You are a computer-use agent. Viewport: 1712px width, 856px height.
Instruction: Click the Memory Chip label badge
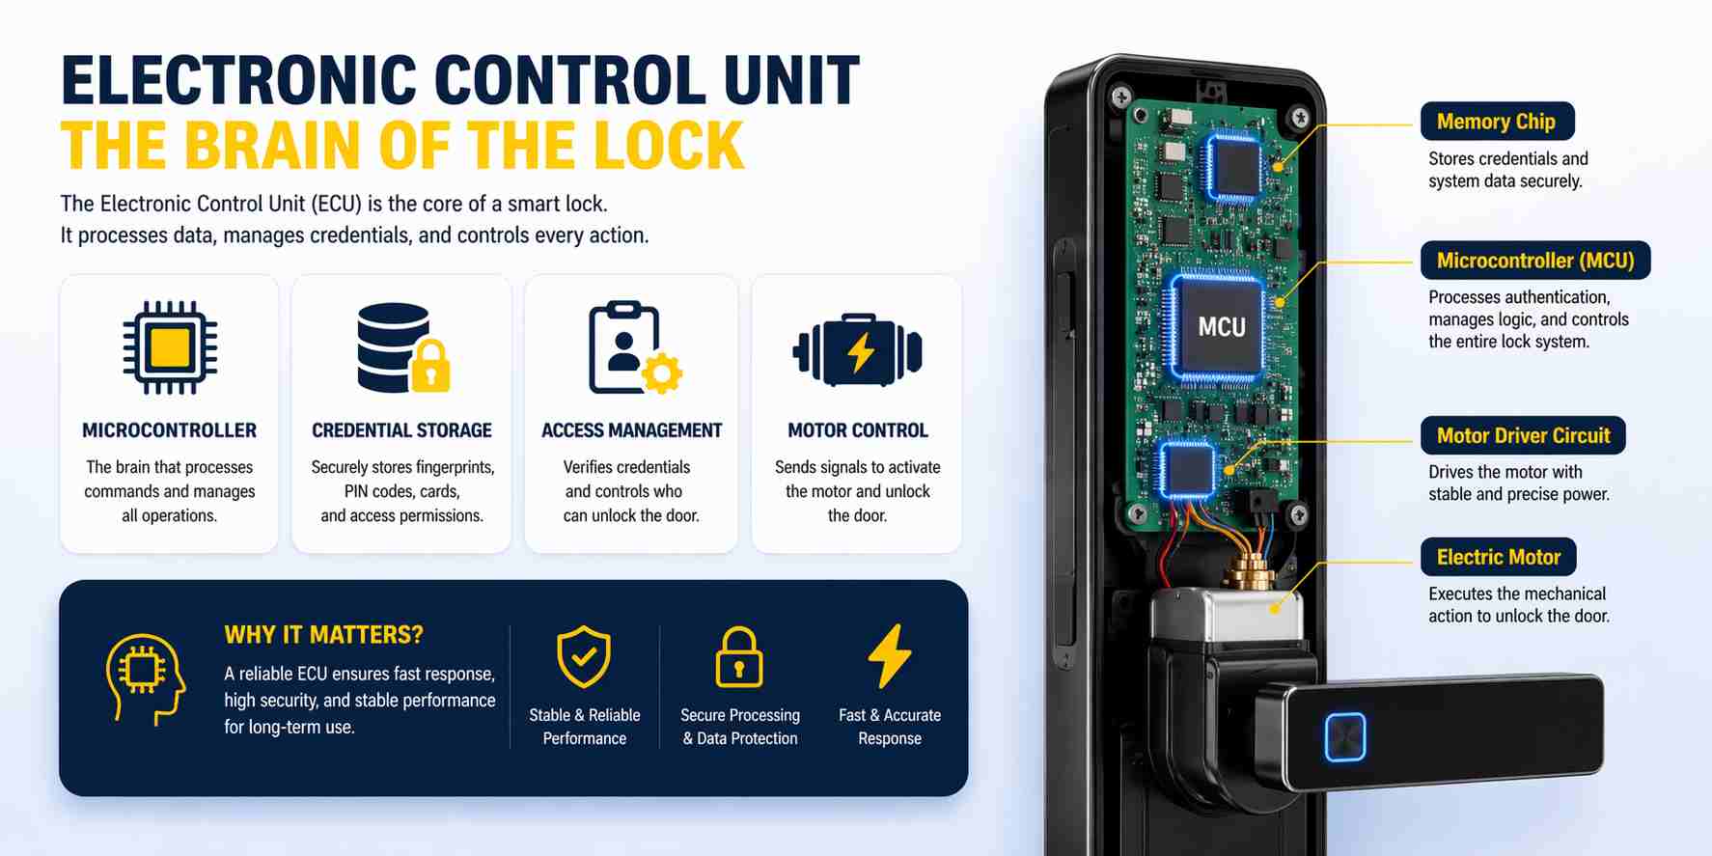[1496, 122]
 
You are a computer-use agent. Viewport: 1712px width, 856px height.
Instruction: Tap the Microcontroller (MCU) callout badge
[1534, 261]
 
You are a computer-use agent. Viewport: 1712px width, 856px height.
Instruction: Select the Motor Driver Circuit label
[1522, 435]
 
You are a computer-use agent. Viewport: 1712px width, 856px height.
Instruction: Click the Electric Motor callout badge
[1498, 557]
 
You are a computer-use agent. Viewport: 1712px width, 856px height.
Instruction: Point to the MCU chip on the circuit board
[1220, 326]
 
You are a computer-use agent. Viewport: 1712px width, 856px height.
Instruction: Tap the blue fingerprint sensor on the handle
[1344, 737]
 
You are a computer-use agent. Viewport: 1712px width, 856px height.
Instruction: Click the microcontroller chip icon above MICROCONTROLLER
[170, 347]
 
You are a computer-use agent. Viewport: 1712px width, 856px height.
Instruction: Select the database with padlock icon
[401, 348]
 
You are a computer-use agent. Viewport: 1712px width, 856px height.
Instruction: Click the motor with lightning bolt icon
[857, 349]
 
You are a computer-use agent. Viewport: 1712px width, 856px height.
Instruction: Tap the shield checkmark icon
[584, 656]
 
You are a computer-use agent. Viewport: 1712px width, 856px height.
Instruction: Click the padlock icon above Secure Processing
[739, 657]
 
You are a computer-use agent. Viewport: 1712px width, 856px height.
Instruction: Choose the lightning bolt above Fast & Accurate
[889, 655]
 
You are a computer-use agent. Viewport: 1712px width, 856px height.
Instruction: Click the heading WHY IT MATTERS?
[323, 635]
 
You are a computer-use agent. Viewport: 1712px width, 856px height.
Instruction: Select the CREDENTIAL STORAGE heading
[401, 430]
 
